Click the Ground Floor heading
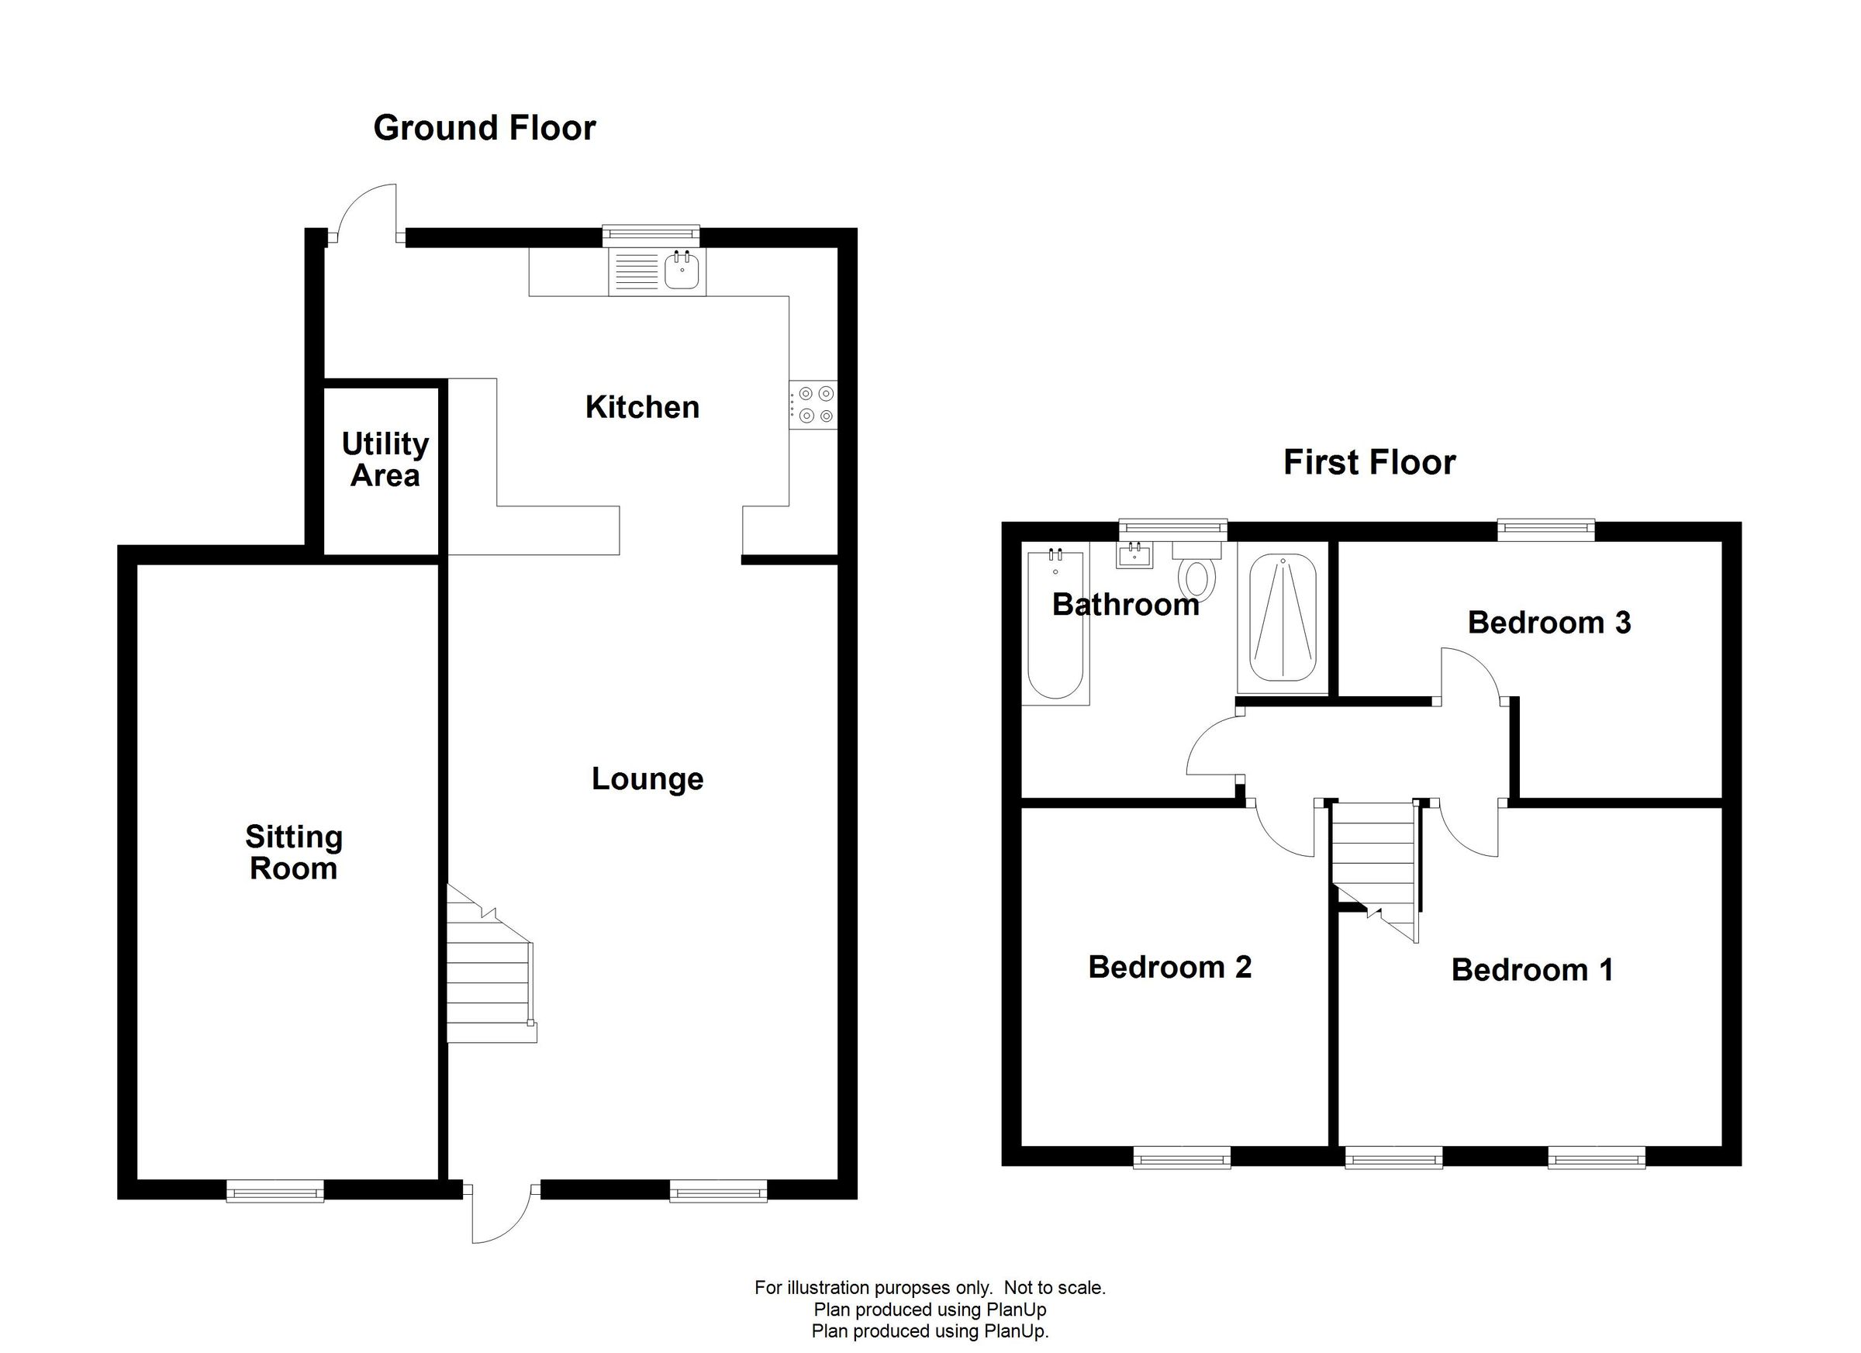tap(484, 128)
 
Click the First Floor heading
tap(1369, 463)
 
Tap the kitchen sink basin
tap(682, 271)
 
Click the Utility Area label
tap(385, 460)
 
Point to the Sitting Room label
tap(294, 852)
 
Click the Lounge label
tap(647, 778)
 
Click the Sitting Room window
tap(274, 1190)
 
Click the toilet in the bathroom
tap(1197, 577)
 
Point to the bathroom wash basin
tap(1134, 555)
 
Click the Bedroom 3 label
tap(1549, 623)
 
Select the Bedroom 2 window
tap(1182, 1158)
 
